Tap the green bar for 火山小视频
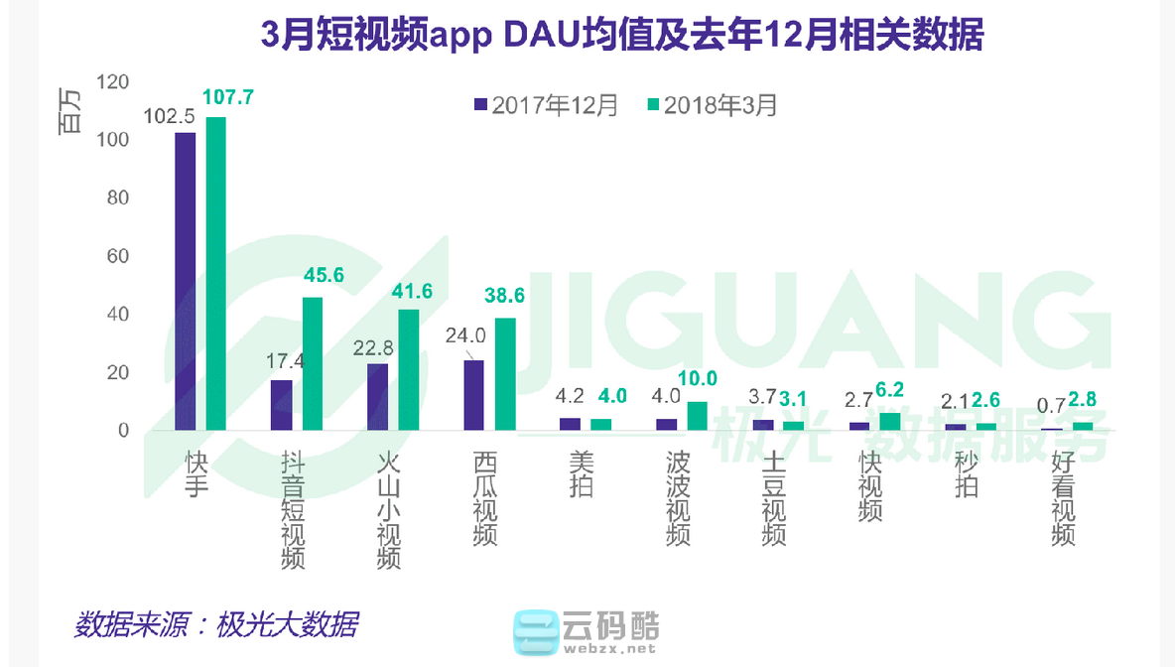tap(409, 369)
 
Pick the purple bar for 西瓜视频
tap(474, 395)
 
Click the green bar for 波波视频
tap(698, 416)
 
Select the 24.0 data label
tap(464, 335)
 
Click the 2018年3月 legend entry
tap(711, 105)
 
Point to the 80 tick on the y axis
tap(118, 198)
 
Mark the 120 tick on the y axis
tap(112, 81)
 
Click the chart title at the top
tap(621, 36)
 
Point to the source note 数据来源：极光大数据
tap(215, 625)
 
